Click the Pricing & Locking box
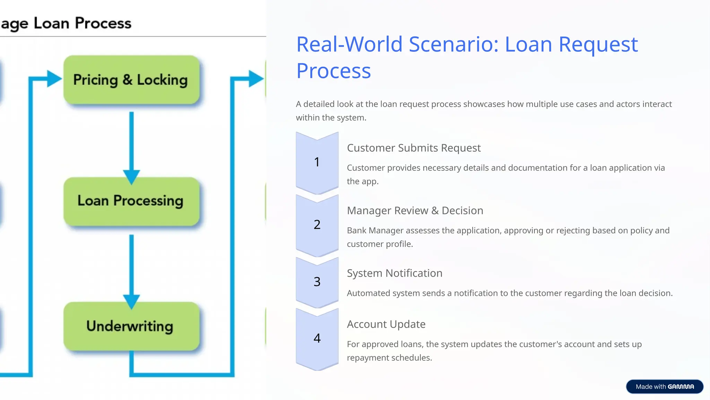(x=131, y=80)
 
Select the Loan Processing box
(x=131, y=201)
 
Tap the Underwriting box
(x=131, y=326)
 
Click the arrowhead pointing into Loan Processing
(x=131, y=176)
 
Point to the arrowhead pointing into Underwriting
(x=131, y=301)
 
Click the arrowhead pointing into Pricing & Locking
(x=54, y=78)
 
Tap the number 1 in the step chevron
(x=317, y=162)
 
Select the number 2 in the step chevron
(x=317, y=225)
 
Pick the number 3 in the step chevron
(x=317, y=282)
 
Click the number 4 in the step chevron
(x=317, y=338)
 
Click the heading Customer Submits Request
(x=414, y=148)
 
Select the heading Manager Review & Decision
(x=415, y=211)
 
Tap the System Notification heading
(x=395, y=273)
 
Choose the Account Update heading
(x=386, y=324)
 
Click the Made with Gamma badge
(x=665, y=386)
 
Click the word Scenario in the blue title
(x=454, y=44)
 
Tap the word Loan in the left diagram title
(x=51, y=23)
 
